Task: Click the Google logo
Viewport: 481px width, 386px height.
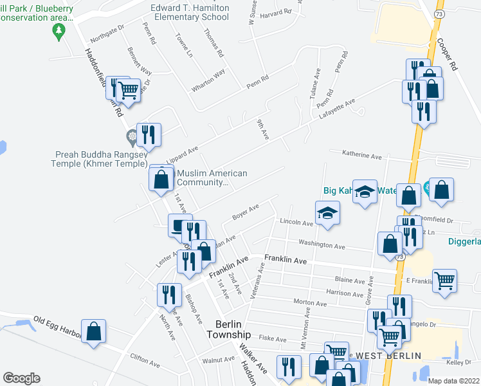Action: click(21, 378)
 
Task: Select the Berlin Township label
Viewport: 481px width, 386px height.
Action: click(228, 330)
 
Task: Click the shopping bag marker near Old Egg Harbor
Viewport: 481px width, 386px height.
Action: click(94, 332)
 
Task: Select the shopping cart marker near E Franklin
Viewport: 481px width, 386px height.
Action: click(445, 280)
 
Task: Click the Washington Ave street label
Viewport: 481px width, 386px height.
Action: click(325, 245)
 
